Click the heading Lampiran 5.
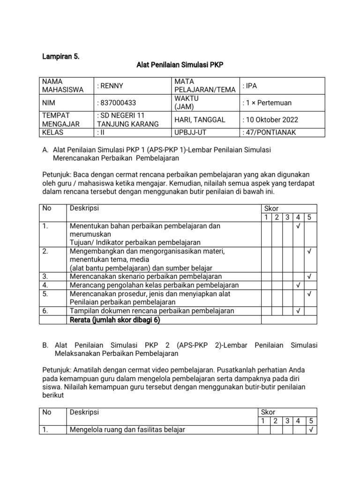tap(60, 57)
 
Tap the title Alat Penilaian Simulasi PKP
tap(180, 66)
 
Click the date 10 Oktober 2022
tap(270, 120)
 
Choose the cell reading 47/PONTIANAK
tap(270, 132)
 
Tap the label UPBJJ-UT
tap(190, 132)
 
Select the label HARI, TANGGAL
tap(200, 120)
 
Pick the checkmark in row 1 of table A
tap(298, 226)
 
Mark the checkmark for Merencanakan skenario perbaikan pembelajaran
tap(309, 277)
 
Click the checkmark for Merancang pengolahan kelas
tap(298, 285)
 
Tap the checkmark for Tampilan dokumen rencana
tap(298, 311)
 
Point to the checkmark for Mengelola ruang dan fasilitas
tap(309, 429)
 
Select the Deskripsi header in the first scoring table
tap(84, 208)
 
